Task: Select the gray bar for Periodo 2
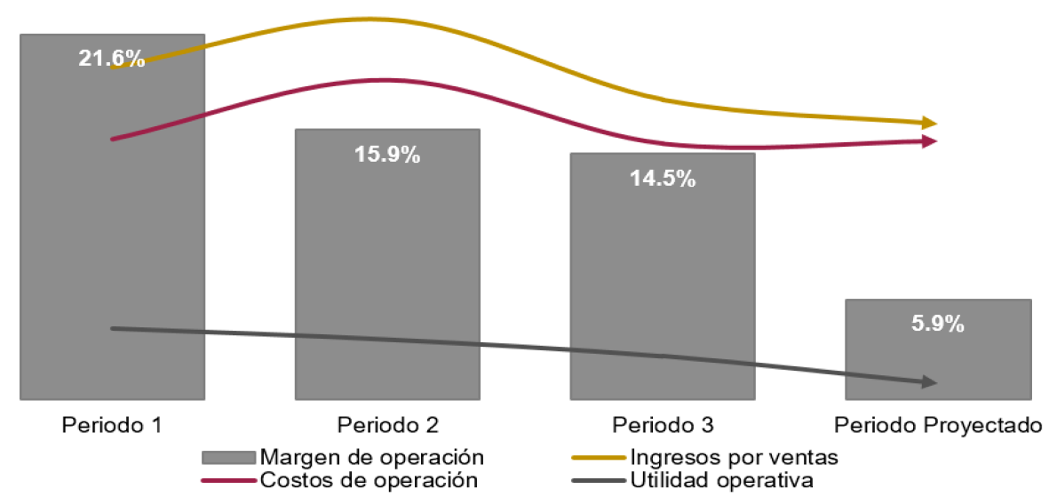click(387, 267)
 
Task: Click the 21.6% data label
click(112, 60)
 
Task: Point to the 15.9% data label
click(387, 154)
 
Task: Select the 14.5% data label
click(663, 178)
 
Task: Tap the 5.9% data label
click(938, 324)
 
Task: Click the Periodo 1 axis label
click(112, 424)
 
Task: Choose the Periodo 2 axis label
click(387, 424)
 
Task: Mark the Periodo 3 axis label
click(663, 424)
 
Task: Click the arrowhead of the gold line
click(929, 123)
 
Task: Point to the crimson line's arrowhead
click(929, 140)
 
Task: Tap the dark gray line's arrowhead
click(929, 382)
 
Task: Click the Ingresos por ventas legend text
click(734, 458)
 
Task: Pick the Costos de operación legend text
click(369, 481)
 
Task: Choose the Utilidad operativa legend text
click(721, 481)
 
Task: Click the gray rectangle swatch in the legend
click(229, 458)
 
